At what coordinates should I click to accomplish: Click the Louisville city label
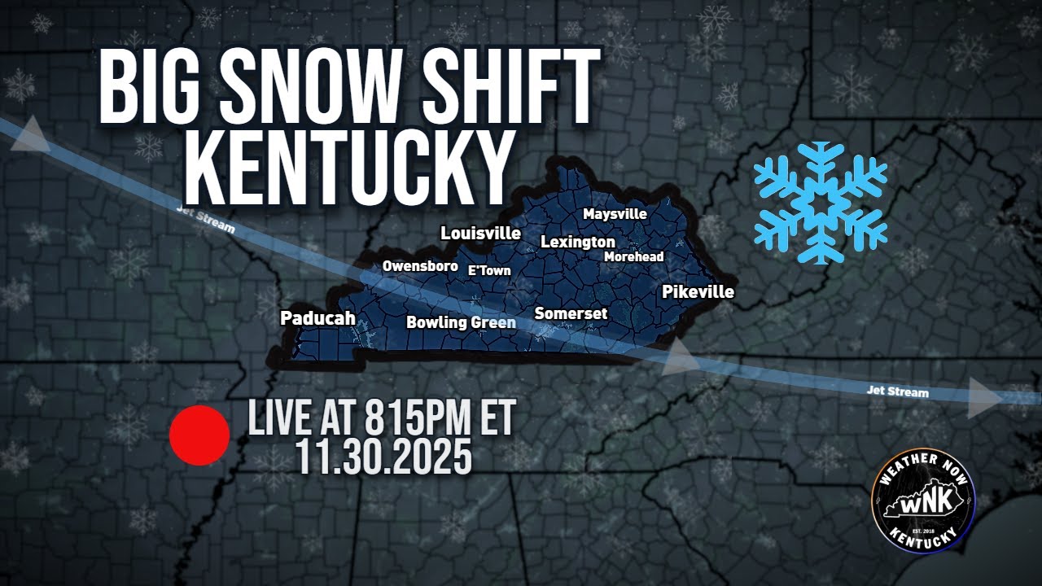[x=480, y=234]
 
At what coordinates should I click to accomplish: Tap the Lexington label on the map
[x=578, y=243]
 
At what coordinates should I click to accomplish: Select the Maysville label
[x=615, y=214]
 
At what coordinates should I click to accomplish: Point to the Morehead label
[x=633, y=257]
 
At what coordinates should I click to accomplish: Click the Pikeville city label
[x=698, y=291]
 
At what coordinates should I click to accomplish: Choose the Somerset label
[x=571, y=313]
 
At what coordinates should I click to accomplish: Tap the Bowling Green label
[x=461, y=322]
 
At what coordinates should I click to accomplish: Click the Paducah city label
[x=317, y=318]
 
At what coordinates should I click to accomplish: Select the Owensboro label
[x=420, y=266]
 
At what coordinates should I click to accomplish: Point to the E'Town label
[x=489, y=270]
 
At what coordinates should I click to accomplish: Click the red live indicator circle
[x=199, y=436]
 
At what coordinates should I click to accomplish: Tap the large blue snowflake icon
[x=820, y=203]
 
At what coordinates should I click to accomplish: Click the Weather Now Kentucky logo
[x=923, y=502]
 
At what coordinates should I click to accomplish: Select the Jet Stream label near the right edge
[x=897, y=392]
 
